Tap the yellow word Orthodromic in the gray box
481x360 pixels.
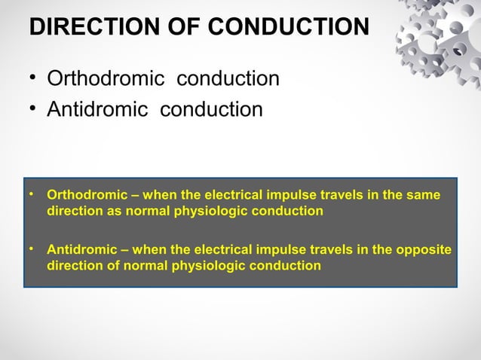(x=81, y=196)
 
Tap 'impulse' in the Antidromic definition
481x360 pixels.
(x=271, y=250)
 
